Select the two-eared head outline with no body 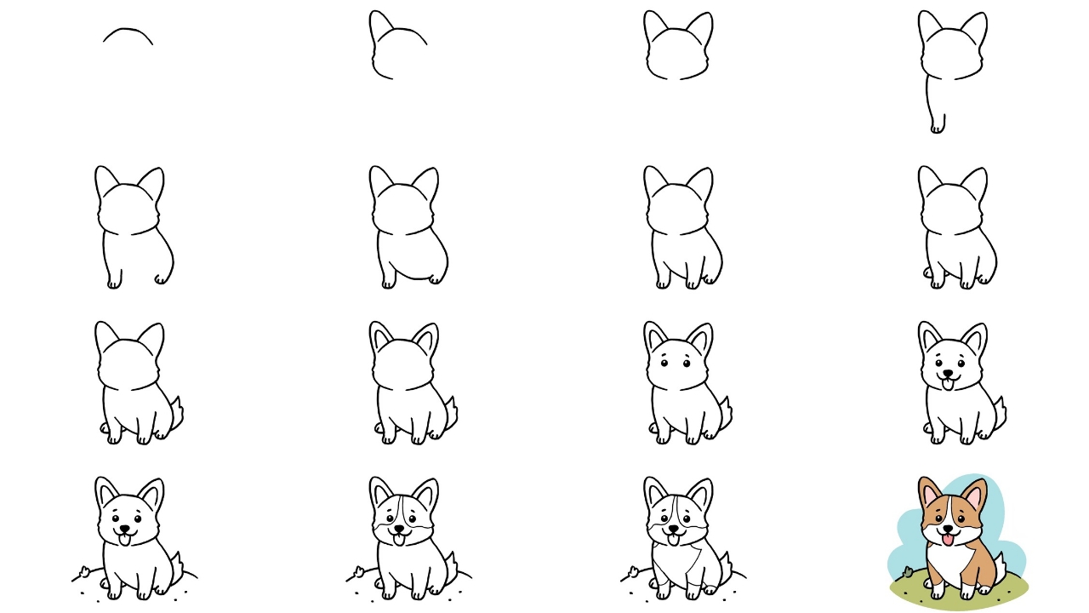[x=678, y=47]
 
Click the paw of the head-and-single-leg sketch [x=937, y=128]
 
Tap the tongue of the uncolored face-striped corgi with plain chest [x=398, y=539]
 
